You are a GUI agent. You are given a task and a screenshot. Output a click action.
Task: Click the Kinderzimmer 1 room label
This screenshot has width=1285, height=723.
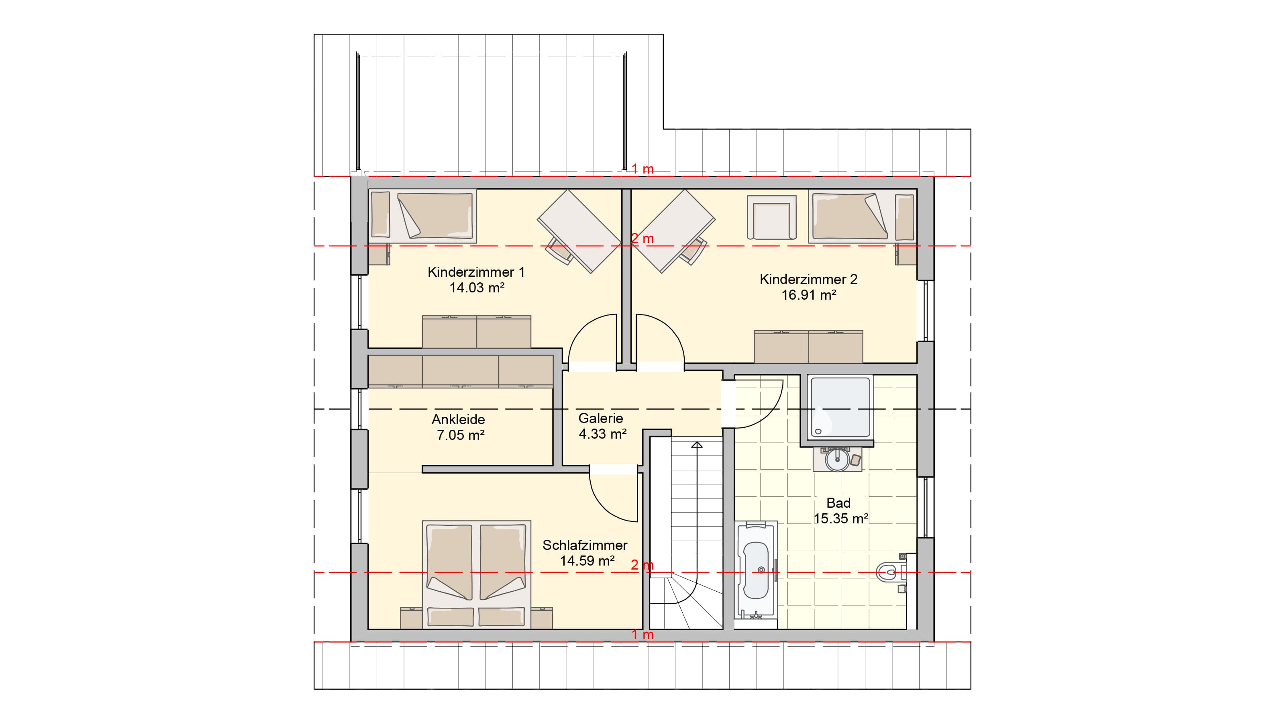pyautogui.click(x=476, y=272)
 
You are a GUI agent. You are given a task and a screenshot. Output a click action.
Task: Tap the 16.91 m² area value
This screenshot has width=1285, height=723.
pyautogui.click(x=809, y=295)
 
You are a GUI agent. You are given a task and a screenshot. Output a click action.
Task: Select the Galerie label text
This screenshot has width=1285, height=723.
pyautogui.click(x=601, y=418)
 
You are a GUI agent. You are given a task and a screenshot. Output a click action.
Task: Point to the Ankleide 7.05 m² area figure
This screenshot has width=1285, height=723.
pyautogui.click(x=461, y=435)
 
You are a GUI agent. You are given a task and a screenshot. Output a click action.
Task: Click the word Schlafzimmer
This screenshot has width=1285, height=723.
pyautogui.click(x=585, y=545)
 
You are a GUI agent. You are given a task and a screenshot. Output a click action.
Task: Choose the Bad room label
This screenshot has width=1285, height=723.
pyautogui.click(x=838, y=502)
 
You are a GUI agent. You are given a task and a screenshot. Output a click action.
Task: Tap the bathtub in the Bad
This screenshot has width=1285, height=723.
pyautogui.click(x=756, y=570)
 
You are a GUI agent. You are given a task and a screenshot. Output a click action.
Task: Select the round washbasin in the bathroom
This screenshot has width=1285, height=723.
pyautogui.click(x=838, y=459)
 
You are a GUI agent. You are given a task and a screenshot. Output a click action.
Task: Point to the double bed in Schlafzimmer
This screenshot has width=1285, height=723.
pyautogui.click(x=476, y=574)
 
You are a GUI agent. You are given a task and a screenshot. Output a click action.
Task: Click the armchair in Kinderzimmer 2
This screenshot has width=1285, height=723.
pyautogui.click(x=771, y=218)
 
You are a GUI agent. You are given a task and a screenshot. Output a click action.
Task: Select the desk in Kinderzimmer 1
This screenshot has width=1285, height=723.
pyautogui.click(x=579, y=231)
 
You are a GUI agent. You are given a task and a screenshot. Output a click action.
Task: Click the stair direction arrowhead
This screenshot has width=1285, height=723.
pyautogui.click(x=697, y=445)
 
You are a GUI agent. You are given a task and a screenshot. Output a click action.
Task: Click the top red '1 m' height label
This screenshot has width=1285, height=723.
pyautogui.click(x=642, y=169)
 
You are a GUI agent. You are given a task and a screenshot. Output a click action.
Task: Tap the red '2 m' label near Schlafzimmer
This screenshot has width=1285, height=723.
pyautogui.click(x=642, y=565)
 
